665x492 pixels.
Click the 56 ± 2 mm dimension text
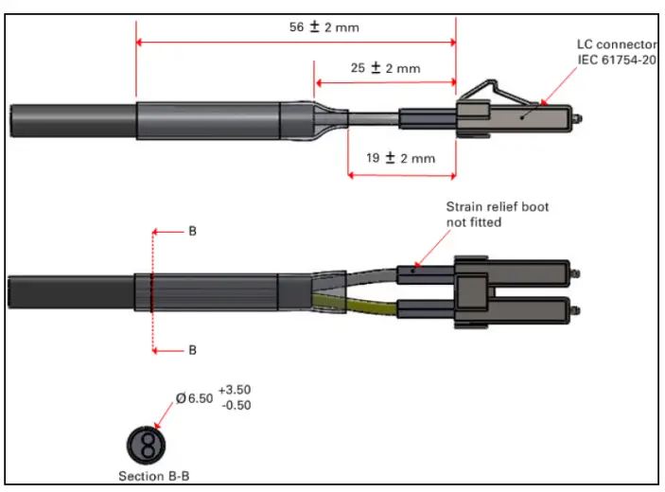point(324,27)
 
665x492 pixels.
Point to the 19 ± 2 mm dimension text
point(399,158)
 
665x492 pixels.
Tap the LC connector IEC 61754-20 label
point(616,52)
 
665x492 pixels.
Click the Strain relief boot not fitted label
point(497,214)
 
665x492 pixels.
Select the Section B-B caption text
point(156,476)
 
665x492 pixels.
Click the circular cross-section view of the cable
point(146,444)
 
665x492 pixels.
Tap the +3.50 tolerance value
point(235,390)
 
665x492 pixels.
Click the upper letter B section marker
point(192,231)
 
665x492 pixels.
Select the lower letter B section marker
point(192,350)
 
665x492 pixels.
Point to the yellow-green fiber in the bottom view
point(359,306)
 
